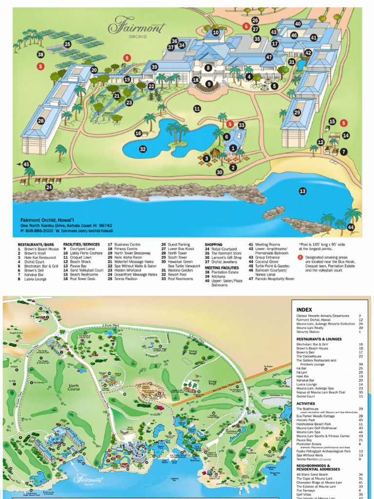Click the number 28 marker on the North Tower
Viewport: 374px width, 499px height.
[41, 121]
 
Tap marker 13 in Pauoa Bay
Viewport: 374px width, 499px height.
[302, 191]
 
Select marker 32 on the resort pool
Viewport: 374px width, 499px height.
[143, 149]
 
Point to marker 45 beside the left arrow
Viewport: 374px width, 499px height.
[26, 165]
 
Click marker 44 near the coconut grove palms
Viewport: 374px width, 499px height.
[351, 227]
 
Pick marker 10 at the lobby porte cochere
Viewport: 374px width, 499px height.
[216, 33]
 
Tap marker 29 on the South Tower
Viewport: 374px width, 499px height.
[297, 113]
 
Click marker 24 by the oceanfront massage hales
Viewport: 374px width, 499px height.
[49, 187]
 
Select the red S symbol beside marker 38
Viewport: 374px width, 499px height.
[41, 66]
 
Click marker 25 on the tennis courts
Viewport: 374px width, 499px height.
[67, 44]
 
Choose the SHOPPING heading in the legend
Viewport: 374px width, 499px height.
[213, 245]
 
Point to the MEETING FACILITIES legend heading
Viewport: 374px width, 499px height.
[222, 268]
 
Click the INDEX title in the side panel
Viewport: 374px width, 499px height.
[304, 309]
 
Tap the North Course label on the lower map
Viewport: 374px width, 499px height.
[74, 387]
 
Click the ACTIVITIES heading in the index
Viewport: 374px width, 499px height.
[306, 403]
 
